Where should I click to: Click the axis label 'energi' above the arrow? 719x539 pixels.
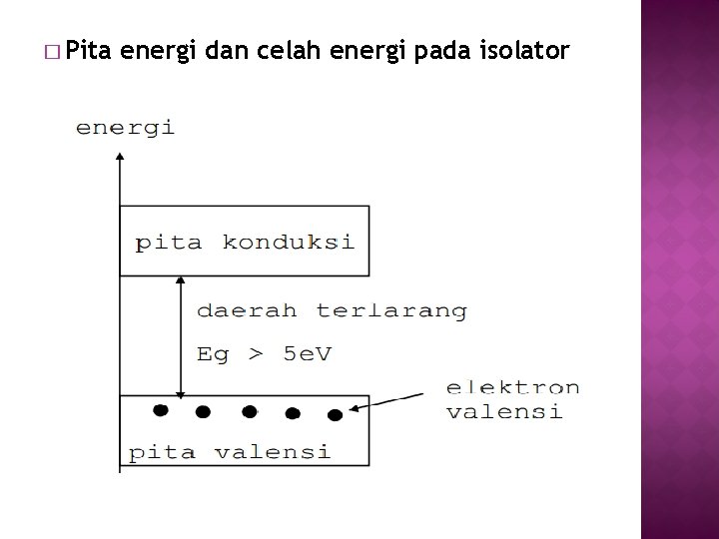pyautogui.click(x=125, y=127)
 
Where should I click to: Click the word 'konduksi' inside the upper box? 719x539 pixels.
pyautogui.click(x=288, y=243)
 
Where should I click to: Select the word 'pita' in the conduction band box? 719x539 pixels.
pyautogui.click(x=167, y=243)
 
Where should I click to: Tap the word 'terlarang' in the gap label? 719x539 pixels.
pyautogui.click(x=391, y=310)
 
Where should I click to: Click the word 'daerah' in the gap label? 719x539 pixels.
pyautogui.click(x=247, y=310)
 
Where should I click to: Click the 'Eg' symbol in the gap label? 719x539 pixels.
pyautogui.click(x=213, y=355)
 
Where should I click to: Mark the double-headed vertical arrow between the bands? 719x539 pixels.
pyautogui.click(x=180, y=336)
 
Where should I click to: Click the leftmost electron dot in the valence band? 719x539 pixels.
pyautogui.click(x=159, y=409)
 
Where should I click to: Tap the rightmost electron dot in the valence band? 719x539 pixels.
pyautogui.click(x=335, y=415)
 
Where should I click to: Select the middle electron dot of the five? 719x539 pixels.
pyautogui.click(x=249, y=411)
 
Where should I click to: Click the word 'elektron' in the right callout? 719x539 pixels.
pyautogui.click(x=512, y=387)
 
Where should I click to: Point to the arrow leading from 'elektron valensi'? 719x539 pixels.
pyautogui.click(x=394, y=400)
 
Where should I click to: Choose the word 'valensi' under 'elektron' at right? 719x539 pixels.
pyautogui.click(x=504, y=411)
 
